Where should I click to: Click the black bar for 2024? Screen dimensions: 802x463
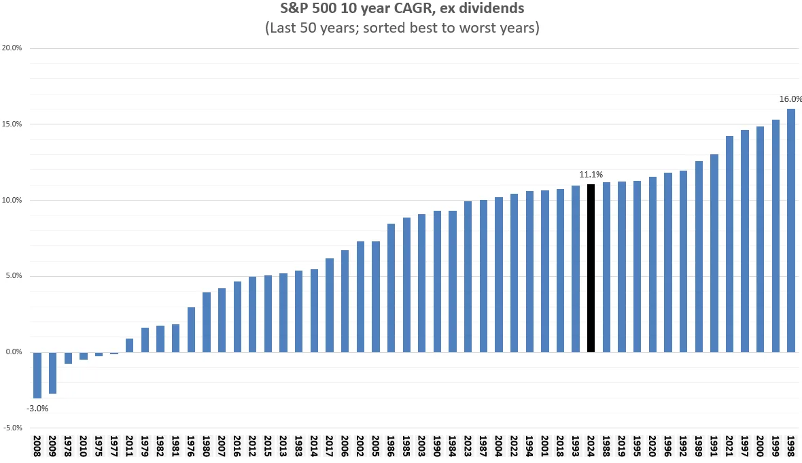tap(591, 268)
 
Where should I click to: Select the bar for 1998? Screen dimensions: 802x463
tap(790, 230)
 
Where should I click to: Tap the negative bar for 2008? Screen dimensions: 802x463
tap(37, 375)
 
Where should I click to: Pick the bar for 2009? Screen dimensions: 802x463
tap(53, 373)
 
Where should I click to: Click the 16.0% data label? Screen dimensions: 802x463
tap(790, 99)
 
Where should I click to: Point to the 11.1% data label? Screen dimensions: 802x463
tap(591, 175)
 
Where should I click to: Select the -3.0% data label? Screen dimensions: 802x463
tap(37, 408)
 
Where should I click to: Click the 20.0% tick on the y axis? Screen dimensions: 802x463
tap(12, 48)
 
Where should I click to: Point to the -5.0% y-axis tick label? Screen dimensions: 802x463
tap(12, 428)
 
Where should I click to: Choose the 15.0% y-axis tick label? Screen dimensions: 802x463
tap(12, 124)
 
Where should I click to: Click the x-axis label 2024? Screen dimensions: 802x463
tap(591, 446)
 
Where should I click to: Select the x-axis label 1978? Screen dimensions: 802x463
tap(67, 446)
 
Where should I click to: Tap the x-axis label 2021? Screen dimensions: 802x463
tap(729, 446)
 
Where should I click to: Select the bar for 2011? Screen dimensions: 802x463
tap(129, 345)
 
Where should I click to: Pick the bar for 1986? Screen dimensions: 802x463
tap(391, 288)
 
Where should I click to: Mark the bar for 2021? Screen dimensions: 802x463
tap(729, 244)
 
